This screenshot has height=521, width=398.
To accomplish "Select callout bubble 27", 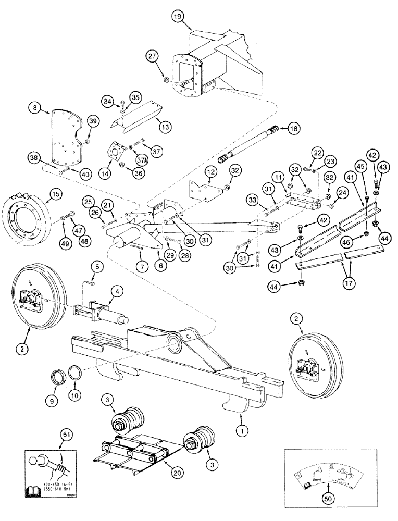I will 152,57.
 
